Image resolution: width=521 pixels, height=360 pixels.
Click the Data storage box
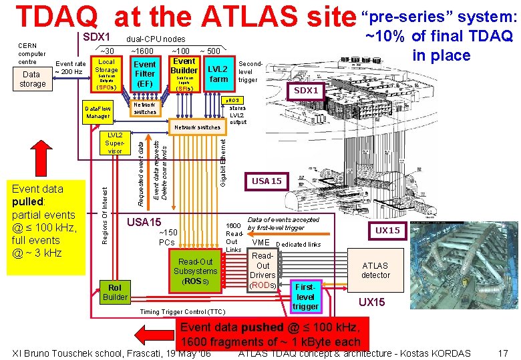click(x=32, y=79)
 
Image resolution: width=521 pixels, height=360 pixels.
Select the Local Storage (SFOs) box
click(x=106, y=74)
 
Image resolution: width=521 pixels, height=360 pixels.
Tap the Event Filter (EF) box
click(x=145, y=74)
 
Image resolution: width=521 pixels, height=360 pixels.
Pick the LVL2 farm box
click(x=218, y=74)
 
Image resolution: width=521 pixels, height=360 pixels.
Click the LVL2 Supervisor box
click(x=115, y=143)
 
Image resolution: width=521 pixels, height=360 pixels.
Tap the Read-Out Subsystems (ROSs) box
click(x=195, y=271)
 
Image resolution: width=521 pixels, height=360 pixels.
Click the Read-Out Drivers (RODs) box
click(x=263, y=271)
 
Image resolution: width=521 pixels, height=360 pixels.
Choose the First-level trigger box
click(x=305, y=295)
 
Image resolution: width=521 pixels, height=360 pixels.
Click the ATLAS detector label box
click(x=375, y=270)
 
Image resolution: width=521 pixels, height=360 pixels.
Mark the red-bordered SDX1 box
click(x=307, y=90)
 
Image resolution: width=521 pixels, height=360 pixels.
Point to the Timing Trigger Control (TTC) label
click(x=182, y=312)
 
